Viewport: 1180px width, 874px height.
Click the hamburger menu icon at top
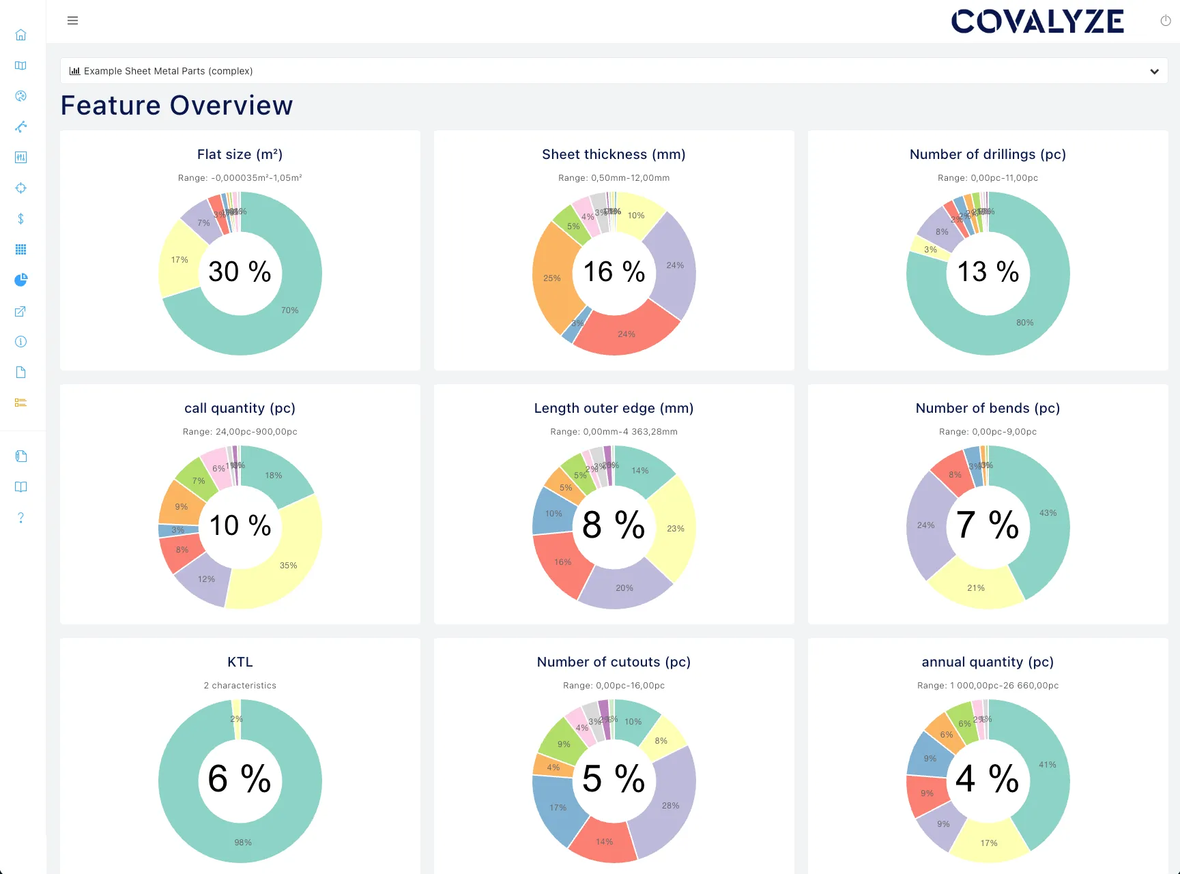click(x=72, y=20)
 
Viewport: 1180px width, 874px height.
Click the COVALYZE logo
click(x=1037, y=22)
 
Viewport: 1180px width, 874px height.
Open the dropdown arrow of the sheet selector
click(x=1154, y=72)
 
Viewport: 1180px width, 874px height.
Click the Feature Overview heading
click(x=177, y=106)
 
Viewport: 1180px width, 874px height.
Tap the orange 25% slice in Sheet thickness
click(x=551, y=278)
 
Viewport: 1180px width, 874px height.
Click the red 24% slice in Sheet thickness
click(x=626, y=334)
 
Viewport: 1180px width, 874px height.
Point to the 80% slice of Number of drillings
click(x=1024, y=322)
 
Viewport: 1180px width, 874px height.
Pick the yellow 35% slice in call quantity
click(x=288, y=565)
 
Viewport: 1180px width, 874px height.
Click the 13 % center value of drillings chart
click(x=988, y=272)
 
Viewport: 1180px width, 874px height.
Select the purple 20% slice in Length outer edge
click(x=624, y=587)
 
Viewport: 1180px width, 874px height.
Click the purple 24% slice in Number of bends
click(x=925, y=525)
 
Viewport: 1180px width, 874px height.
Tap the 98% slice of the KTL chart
click(x=242, y=842)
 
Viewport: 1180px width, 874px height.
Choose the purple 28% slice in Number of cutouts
click(x=670, y=805)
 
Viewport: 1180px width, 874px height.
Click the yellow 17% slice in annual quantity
click(x=988, y=843)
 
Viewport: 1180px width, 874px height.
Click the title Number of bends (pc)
click(x=988, y=408)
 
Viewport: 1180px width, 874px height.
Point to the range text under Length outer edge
click(x=614, y=432)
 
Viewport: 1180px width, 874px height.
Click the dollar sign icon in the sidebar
click(x=21, y=219)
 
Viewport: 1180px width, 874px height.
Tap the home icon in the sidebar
click(x=21, y=35)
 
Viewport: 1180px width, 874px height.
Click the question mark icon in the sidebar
click(x=21, y=518)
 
